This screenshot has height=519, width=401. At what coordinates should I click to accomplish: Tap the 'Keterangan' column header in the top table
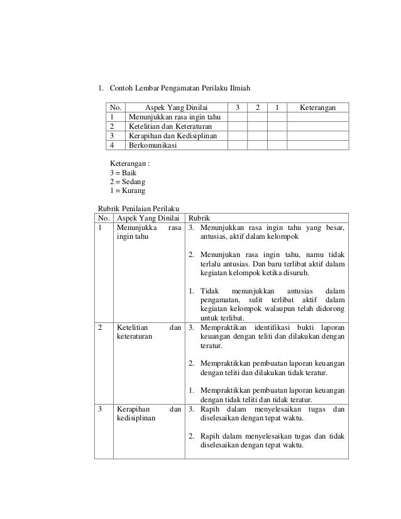coord(317,108)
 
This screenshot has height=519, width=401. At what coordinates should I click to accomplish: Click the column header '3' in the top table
coord(237,108)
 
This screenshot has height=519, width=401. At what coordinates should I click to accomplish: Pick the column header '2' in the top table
coord(257,108)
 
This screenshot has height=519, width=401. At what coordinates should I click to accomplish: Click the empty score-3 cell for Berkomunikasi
coord(237,145)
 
